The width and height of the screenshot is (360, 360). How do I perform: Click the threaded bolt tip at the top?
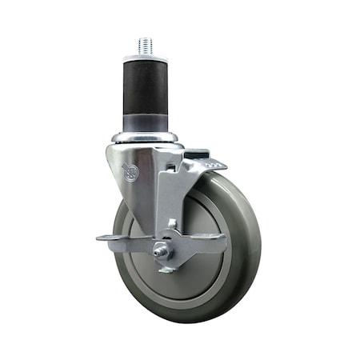click(146, 46)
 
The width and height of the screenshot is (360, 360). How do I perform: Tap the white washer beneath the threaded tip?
click(146, 56)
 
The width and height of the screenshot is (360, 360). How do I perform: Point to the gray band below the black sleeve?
click(146, 125)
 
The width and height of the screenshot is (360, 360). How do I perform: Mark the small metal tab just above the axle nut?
click(170, 226)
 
